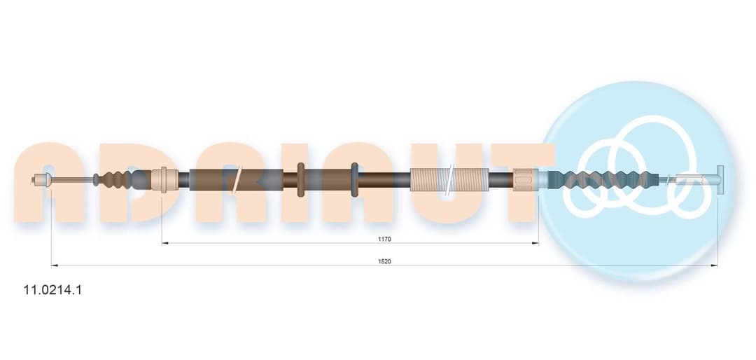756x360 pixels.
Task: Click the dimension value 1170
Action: (x=384, y=239)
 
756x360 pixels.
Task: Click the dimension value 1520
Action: (x=384, y=261)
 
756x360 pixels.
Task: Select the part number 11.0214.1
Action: (x=53, y=290)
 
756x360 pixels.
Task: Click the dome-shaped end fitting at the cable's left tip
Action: (x=43, y=180)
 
